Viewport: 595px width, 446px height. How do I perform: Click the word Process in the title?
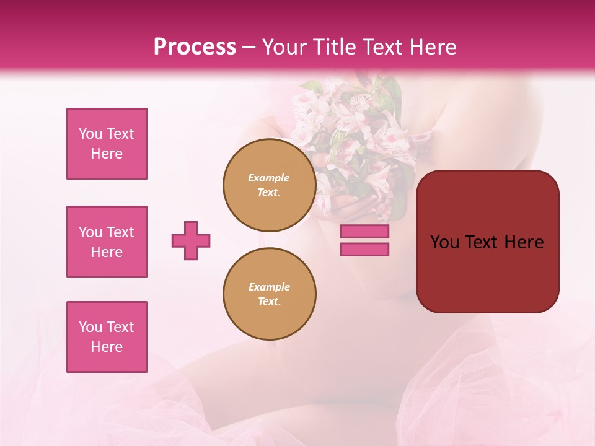[x=195, y=47]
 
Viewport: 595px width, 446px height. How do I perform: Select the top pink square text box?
[x=107, y=144]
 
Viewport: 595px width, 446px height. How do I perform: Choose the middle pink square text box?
[x=107, y=242]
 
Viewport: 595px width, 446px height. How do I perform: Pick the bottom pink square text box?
[x=107, y=337]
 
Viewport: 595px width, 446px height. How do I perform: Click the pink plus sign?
[x=191, y=240]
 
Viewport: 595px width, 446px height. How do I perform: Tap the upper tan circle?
[x=270, y=185]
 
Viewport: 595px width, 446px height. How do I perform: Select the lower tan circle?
[x=270, y=294]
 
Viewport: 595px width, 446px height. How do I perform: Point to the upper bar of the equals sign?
[x=364, y=232]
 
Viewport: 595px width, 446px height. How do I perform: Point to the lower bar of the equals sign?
[x=364, y=250]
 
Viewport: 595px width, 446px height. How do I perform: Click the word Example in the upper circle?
[x=269, y=178]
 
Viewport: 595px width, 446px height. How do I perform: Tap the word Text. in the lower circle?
[x=269, y=302]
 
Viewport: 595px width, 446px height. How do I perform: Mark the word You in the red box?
[x=443, y=242]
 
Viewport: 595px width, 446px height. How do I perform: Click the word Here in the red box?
[x=524, y=242]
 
